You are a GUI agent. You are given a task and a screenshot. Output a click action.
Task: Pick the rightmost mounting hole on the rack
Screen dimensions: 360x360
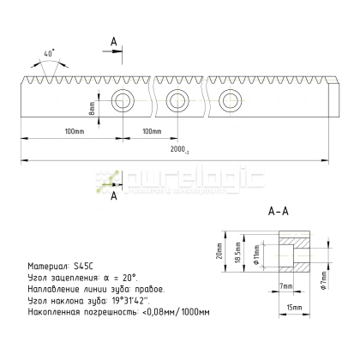pos(229,100)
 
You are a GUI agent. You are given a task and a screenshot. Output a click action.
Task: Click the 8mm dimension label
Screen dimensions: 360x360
pos(93,110)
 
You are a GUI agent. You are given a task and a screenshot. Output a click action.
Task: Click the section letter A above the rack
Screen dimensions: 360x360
pos(114,40)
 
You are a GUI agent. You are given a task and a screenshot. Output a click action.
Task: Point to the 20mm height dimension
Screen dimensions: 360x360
pos(219,251)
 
